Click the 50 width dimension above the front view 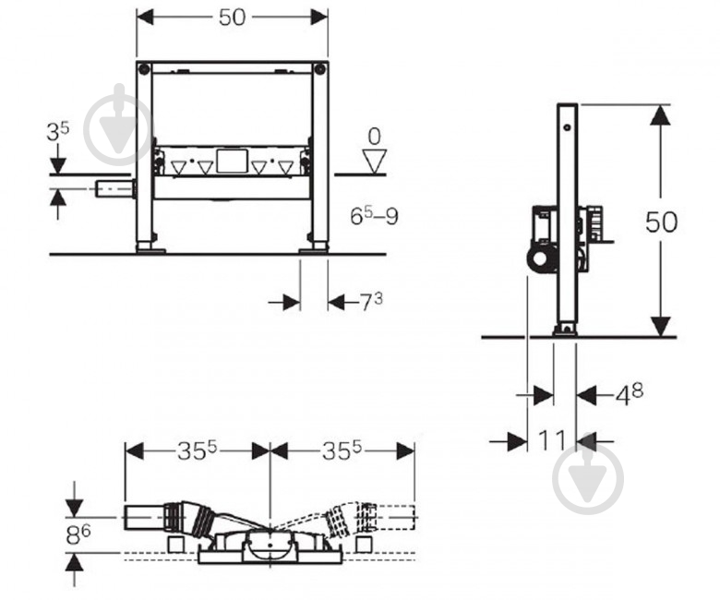[x=232, y=18]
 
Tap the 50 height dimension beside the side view [x=661, y=222]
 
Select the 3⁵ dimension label [x=58, y=132]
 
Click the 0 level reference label [x=374, y=137]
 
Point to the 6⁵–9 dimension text [x=374, y=215]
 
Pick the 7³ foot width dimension [x=370, y=302]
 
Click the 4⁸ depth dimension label [x=630, y=395]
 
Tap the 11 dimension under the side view [x=551, y=440]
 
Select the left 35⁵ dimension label [x=197, y=451]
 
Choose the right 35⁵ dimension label [x=342, y=451]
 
